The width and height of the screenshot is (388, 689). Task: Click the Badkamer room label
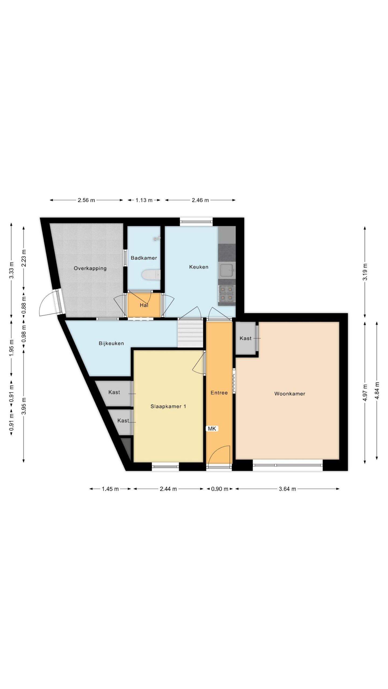pyautogui.click(x=144, y=258)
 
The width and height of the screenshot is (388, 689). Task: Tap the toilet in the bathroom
pyautogui.click(x=151, y=275)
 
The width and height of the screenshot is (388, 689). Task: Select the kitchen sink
pyautogui.click(x=227, y=270)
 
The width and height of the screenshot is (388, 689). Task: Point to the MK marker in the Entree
pyautogui.click(x=212, y=428)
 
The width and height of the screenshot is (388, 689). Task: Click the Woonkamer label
pyautogui.click(x=290, y=393)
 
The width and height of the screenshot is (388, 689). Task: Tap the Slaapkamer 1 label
pyautogui.click(x=168, y=406)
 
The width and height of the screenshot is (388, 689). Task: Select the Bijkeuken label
pyautogui.click(x=111, y=343)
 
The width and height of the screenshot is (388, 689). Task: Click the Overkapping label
pyautogui.click(x=90, y=268)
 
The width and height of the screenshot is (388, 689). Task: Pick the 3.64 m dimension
pyautogui.click(x=287, y=489)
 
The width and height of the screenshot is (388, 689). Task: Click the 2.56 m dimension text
pyautogui.click(x=86, y=200)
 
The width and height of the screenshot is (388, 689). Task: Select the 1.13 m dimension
pyautogui.click(x=144, y=200)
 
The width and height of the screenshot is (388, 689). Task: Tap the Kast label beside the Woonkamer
pyautogui.click(x=245, y=338)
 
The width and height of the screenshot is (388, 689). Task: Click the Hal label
pyautogui.click(x=144, y=305)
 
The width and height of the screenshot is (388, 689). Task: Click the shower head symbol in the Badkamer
pyautogui.click(x=156, y=238)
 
